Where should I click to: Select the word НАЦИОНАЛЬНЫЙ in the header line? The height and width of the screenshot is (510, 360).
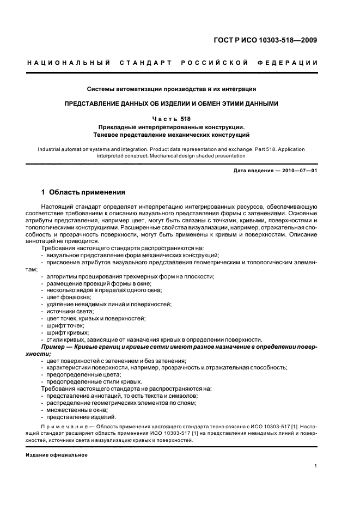pos(69,63)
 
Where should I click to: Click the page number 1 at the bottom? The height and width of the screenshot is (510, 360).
pos(316,465)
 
